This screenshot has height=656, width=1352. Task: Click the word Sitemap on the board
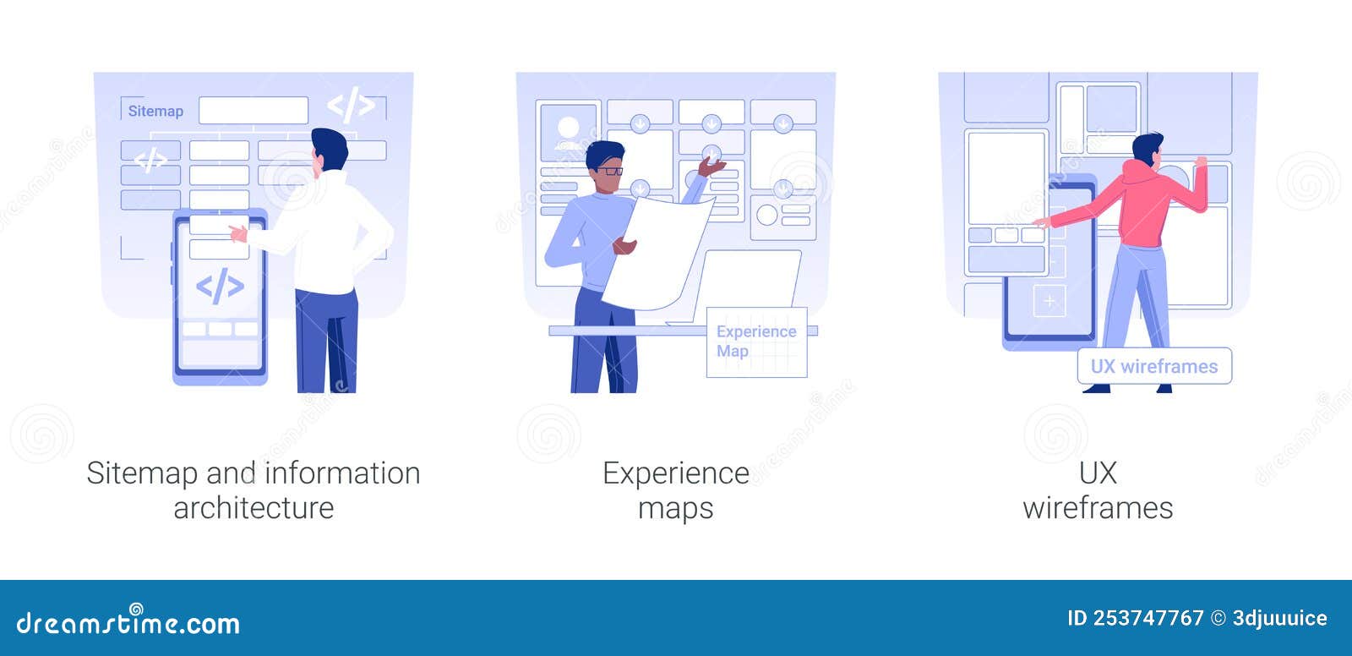155,111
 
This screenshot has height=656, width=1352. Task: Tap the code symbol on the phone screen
221,286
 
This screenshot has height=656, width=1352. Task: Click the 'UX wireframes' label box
1154,366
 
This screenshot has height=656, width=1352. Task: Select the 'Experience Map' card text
756,342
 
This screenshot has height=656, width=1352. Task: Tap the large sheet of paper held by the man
658,254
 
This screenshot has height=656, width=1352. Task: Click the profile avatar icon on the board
568,133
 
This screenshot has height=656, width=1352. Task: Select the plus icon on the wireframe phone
1049,301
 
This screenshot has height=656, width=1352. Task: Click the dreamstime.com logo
128,621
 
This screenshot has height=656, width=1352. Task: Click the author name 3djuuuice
1279,619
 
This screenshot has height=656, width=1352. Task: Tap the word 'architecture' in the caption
253,508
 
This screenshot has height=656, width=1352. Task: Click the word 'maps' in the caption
675,509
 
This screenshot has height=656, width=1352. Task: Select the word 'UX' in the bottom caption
1098,473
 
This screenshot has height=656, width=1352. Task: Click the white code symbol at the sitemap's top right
351,105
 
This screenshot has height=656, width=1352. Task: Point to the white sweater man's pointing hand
237,232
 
